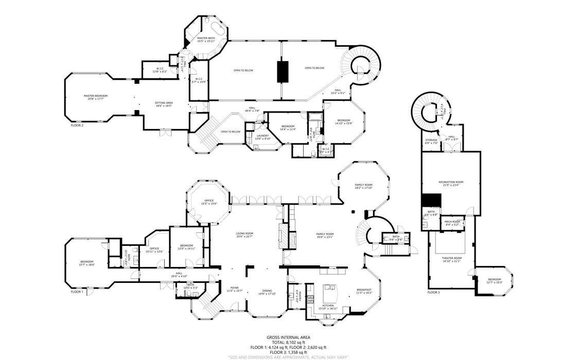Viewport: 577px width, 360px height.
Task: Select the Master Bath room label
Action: [206, 40]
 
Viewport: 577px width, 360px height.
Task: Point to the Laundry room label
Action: [263, 137]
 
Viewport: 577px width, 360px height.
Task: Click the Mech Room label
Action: [451, 223]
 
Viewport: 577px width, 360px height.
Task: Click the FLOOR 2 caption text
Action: [77, 125]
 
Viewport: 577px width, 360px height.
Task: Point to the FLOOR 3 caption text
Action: [433, 292]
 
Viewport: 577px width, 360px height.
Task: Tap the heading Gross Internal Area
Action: [288, 337]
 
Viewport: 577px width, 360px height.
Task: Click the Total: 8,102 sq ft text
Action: [288, 342]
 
